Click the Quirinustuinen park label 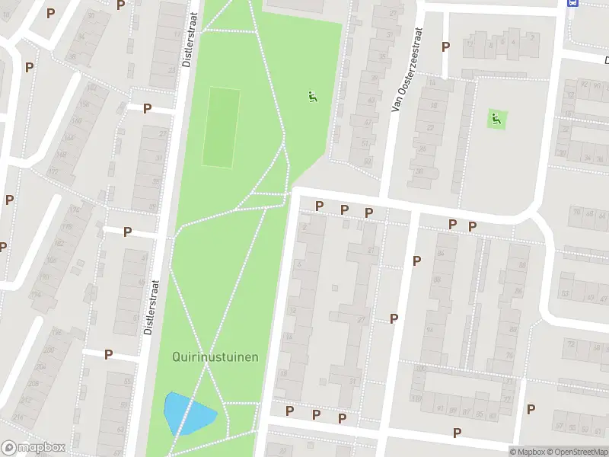215,356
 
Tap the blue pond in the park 187,414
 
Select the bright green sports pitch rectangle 221,127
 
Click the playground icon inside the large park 312,97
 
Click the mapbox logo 33,448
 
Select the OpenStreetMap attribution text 576,452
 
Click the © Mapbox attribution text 528,452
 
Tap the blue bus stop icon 572,3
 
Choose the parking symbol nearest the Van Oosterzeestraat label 445,46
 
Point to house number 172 53,171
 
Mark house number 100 418,369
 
